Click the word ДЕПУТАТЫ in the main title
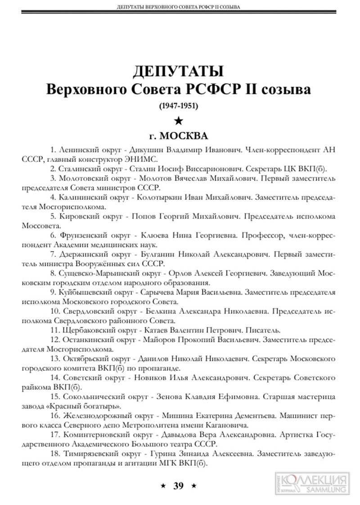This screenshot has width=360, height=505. pyautogui.click(x=179, y=71)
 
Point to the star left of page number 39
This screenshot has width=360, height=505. pyautogui.click(x=163, y=485)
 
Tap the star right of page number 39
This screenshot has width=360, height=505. pyautogui.click(x=194, y=485)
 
